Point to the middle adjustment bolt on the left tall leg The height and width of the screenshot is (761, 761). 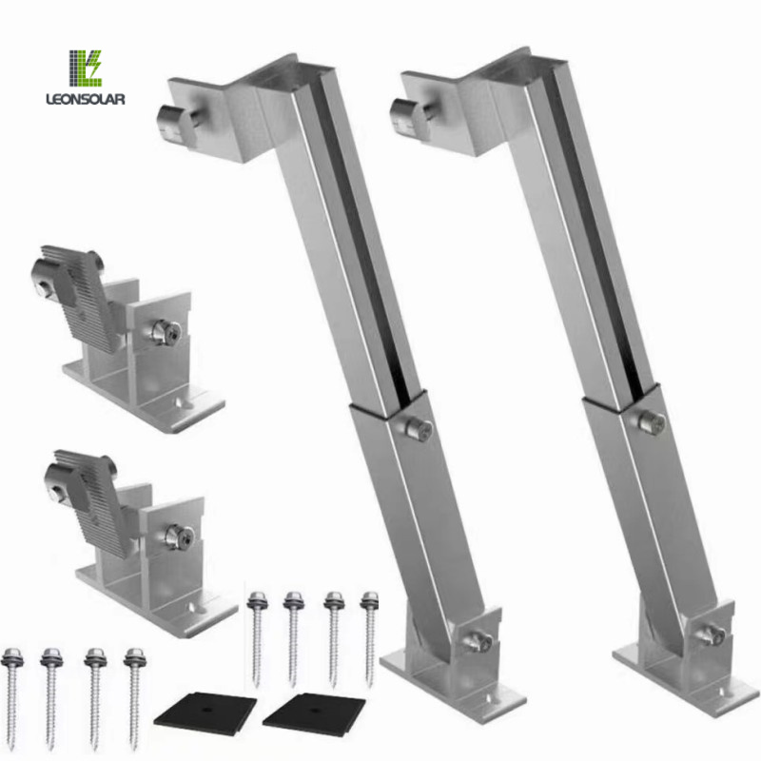click(x=418, y=427)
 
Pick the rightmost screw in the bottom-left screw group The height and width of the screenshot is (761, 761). click(x=134, y=690)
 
